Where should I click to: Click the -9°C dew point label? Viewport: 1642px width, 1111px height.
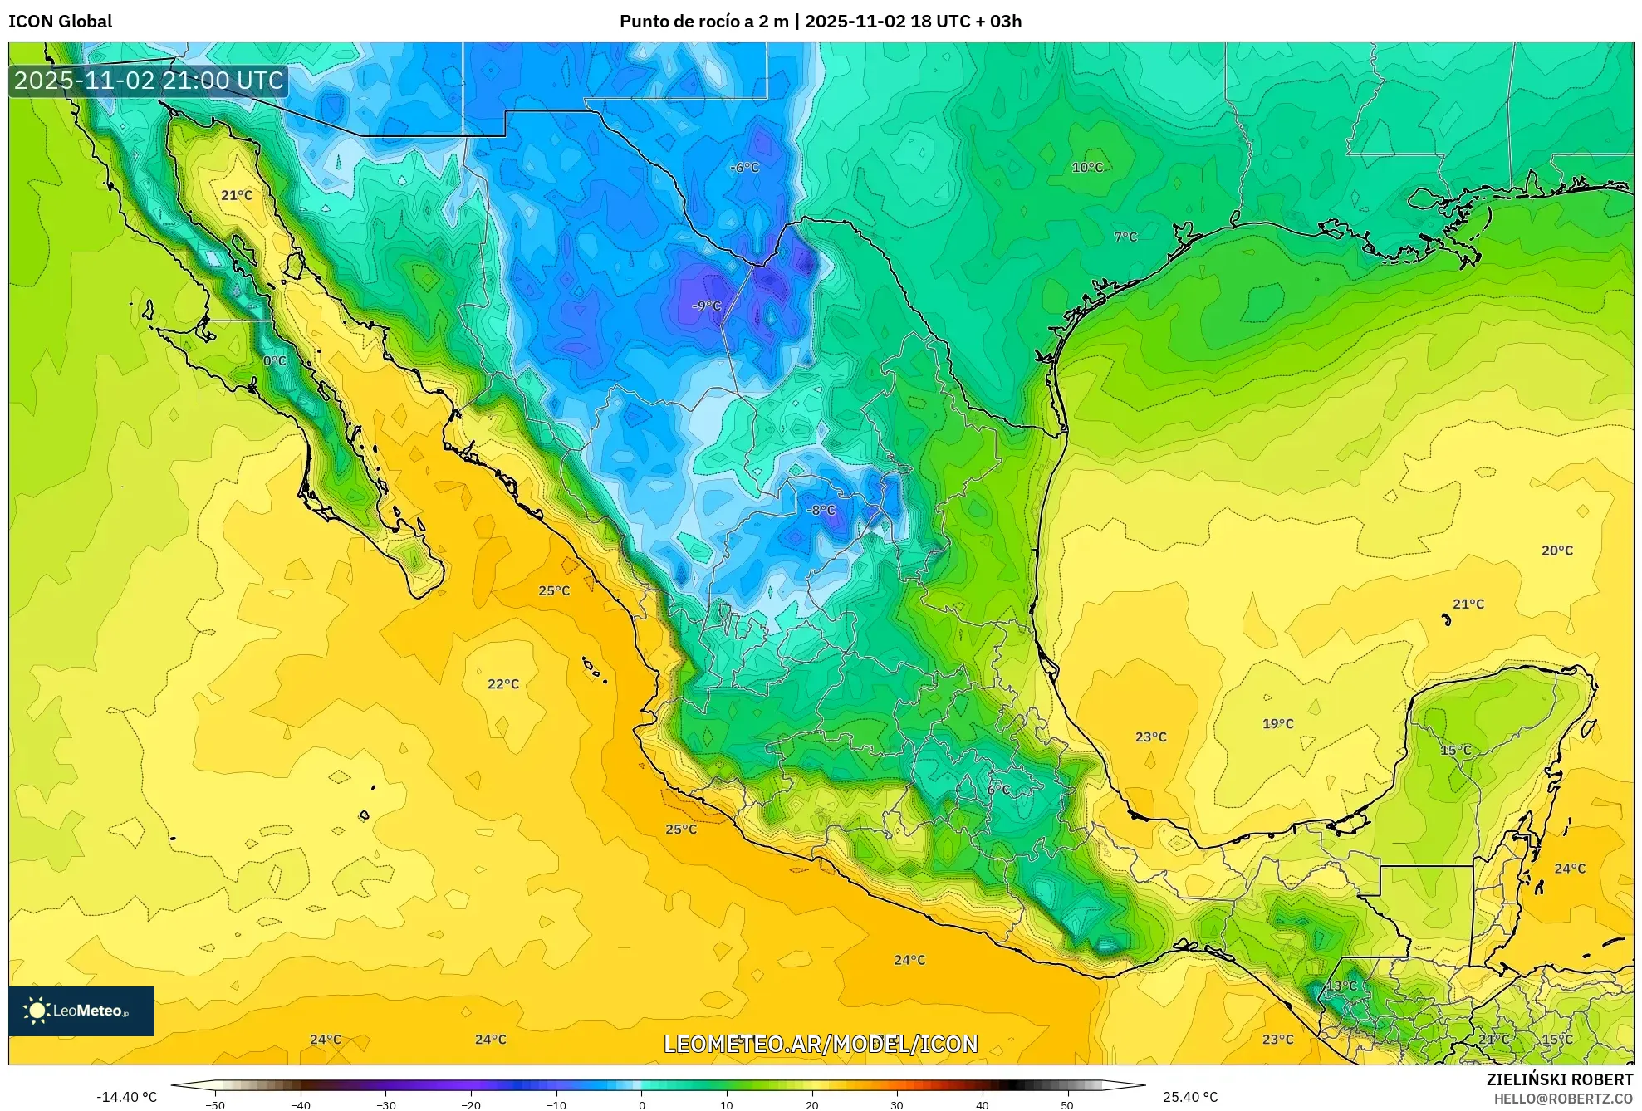pyautogui.click(x=707, y=306)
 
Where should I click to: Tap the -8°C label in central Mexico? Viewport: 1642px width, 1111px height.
pyautogui.click(x=821, y=510)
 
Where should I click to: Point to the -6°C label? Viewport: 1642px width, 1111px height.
pyautogui.click(x=745, y=167)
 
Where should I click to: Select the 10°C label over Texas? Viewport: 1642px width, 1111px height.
pyautogui.click(x=1087, y=167)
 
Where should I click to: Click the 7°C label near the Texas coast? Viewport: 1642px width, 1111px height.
pyautogui.click(x=1125, y=237)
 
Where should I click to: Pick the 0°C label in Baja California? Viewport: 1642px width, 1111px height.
pyautogui.click(x=275, y=360)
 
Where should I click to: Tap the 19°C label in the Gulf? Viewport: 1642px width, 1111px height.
pyautogui.click(x=1277, y=723)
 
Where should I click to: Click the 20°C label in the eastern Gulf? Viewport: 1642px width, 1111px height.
pyautogui.click(x=1556, y=550)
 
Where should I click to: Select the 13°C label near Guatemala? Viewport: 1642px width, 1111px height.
pyautogui.click(x=1341, y=986)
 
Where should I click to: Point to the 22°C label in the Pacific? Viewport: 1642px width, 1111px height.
pyautogui.click(x=502, y=683)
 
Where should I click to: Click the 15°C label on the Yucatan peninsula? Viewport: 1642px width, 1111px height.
pyautogui.click(x=1455, y=750)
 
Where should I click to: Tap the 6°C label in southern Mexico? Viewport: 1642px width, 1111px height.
pyautogui.click(x=998, y=789)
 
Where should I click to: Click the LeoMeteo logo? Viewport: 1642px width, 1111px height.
pyautogui.click(x=81, y=1011)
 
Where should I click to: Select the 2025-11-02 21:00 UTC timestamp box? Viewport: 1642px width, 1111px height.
pyautogui.click(x=149, y=81)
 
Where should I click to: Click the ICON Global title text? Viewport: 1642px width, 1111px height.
pyautogui.click(x=60, y=21)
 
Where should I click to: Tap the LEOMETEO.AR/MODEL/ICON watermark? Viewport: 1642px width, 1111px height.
pyautogui.click(x=821, y=1043)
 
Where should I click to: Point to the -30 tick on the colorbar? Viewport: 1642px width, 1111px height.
pyautogui.click(x=386, y=1104)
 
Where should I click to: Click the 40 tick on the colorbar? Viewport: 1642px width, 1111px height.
pyautogui.click(x=982, y=1104)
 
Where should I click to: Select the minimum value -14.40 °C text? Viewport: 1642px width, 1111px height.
pyautogui.click(x=126, y=1097)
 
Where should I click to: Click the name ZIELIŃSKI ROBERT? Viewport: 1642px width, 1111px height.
pyautogui.click(x=1559, y=1079)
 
